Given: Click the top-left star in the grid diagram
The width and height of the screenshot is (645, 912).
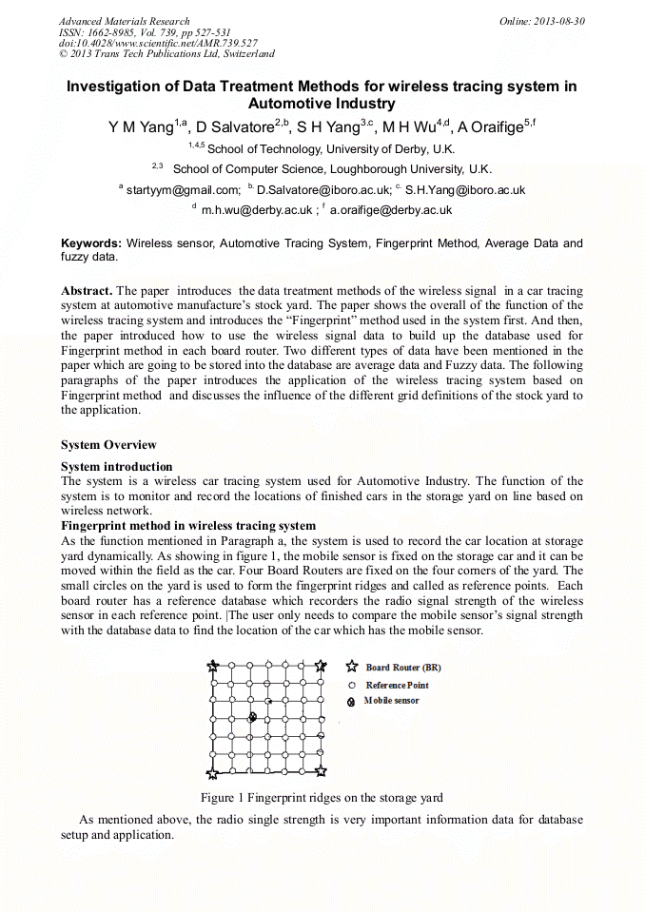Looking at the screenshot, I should [x=213, y=667].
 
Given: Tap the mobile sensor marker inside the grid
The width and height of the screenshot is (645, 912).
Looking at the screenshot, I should [x=252, y=717].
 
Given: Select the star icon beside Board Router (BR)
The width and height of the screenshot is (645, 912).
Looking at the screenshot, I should [x=352, y=668].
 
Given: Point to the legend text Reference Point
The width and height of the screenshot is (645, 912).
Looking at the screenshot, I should [x=397, y=685].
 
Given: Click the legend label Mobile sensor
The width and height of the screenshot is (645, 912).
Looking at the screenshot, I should [x=391, y=701].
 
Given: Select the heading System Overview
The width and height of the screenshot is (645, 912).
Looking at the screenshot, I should [x=108, y=445].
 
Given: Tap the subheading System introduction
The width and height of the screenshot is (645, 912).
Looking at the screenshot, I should [x=116, y=467].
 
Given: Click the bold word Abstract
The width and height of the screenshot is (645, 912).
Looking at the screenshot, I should [x=87, y=290].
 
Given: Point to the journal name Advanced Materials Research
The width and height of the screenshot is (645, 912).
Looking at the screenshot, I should [x=124, y=21].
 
